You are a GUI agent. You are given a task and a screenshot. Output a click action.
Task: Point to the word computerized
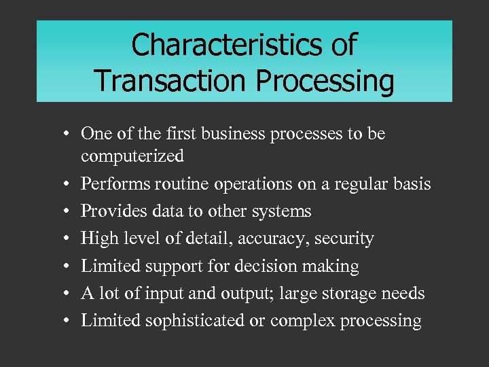pos(132,156)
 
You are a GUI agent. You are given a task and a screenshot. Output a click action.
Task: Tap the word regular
pos(359,184)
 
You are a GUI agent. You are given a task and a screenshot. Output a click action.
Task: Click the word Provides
pos(109,211)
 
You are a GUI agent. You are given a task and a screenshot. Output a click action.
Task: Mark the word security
pos(346,239)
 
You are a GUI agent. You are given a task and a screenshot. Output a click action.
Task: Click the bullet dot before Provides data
pos(70,212)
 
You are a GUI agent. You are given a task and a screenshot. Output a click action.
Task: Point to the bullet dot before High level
pos(70,239)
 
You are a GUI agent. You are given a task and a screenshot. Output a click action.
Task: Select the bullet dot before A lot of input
pos(70,294)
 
